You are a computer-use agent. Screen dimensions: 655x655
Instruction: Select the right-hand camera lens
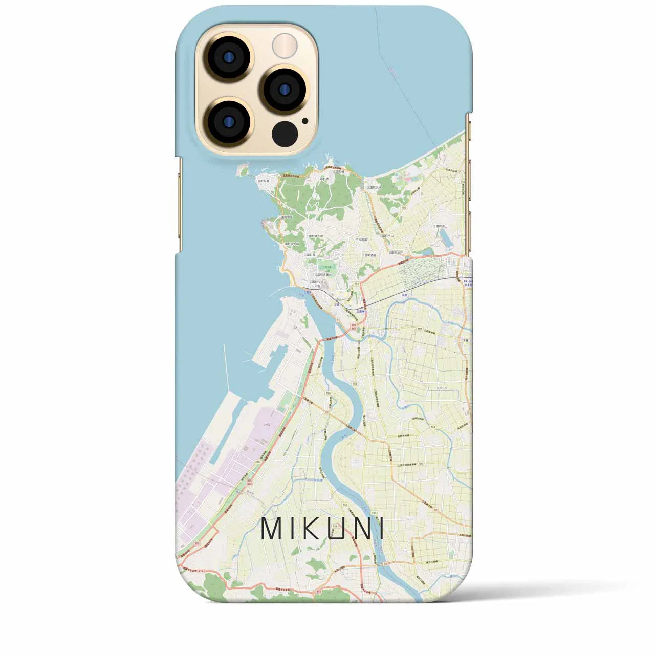point(282,88)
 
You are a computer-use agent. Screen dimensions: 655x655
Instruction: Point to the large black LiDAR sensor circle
point(285,134)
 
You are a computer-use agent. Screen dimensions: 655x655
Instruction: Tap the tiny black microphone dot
point(305,121)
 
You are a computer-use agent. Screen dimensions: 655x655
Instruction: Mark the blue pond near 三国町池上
point(444,237)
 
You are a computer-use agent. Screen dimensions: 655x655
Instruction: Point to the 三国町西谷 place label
point(369,254)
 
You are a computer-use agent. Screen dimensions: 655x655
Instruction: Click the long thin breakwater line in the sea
point(225,366)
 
